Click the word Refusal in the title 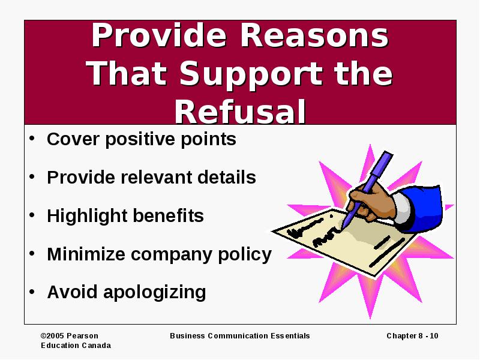(241, 112)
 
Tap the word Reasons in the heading (314, 35)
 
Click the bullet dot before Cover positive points (32, 138)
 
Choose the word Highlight (88, 216)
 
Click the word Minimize (86, 254)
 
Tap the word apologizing (155, 293)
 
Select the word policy (245, 254)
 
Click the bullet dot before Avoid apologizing (32, 292)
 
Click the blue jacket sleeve (422, 208)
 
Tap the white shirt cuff (403, 208)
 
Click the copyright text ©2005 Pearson (70, 336)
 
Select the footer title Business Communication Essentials (239, 336)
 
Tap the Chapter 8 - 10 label (412, 336)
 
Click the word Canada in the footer (97, 346)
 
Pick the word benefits (169, 216)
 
